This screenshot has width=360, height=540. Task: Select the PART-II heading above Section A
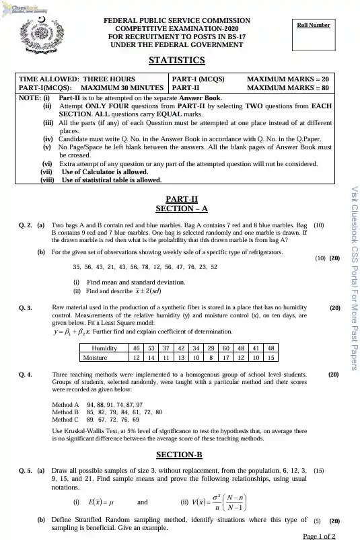pyautogui.click(x=181, y=199)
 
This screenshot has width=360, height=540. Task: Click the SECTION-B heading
pyautogui.click(x=180, y=454)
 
